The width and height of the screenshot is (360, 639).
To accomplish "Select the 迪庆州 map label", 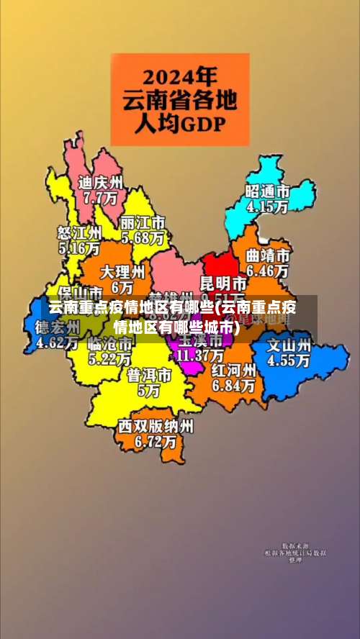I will click(x=101, y=182).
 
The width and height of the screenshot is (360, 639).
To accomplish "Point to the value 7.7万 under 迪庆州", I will click(x=100, y=196).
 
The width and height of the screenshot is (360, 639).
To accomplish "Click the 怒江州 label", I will click(x=79, y=233).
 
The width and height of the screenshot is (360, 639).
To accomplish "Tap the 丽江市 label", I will click(x=143, y=222).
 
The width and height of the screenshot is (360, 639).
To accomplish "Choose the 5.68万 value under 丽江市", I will click(x=143, y=237).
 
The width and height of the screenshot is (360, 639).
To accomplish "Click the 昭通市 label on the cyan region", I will click(x=267, y=191).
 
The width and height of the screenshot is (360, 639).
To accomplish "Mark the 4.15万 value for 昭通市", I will click(x=267, y=207).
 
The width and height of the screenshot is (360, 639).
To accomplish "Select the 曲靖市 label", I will click(x=268, y=256).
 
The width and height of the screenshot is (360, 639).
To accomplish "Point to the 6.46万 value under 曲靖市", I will click(x=268, y=271).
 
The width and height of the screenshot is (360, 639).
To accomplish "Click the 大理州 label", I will click(x=122, y=272).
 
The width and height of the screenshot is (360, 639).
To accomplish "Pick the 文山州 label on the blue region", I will click(x=289, y=345).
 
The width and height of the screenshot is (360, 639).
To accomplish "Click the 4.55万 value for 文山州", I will click(x=289, y=361).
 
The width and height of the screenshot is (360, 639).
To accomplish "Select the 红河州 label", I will click(x=233, y=371).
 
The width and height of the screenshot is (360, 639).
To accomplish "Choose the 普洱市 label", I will click(x=149, y=376).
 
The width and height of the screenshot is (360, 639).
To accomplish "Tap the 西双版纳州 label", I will click(x=156, y=426).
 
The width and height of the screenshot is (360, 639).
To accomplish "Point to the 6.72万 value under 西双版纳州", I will click(x=156, y=441).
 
